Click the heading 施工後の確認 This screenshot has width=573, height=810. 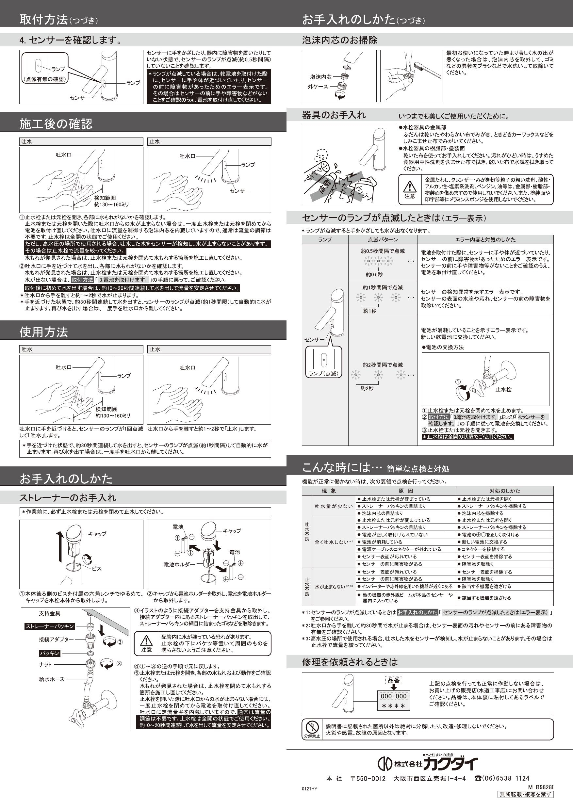pos(56,124)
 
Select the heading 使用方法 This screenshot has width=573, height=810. pos(43,332)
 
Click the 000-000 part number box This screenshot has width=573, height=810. pos(394,696)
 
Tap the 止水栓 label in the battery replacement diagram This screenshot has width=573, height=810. pos(503,389)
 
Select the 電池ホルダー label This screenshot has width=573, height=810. pos(179,564)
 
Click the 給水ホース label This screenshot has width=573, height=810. pos(52,679)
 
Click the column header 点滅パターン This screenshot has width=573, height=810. pos(383,239)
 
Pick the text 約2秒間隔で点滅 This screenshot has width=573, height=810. pos(383,365)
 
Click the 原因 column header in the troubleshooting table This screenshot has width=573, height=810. pos(405,491)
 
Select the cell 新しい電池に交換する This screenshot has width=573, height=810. pos(484,542)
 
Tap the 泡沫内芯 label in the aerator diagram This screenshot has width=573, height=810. pos(321,76)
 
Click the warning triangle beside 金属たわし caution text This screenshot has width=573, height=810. pos(410,186)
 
